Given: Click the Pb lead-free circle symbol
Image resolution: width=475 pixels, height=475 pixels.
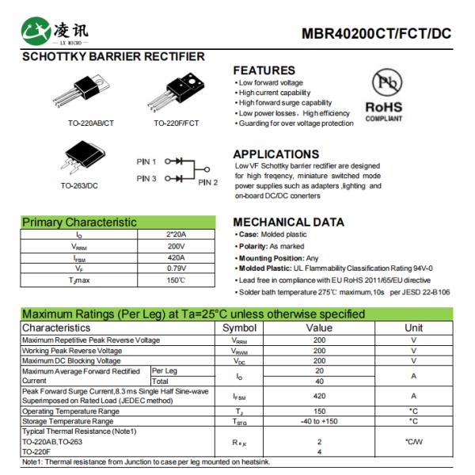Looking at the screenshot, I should pos(384,82).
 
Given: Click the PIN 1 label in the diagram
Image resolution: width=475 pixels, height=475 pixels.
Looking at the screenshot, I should pos(146,161).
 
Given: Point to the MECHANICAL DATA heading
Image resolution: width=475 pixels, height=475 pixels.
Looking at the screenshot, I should pos(289,222).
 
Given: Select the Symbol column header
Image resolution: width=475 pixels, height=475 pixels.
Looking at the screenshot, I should pos(239,328).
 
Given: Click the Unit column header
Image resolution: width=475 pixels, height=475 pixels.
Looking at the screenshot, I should pos(413,328).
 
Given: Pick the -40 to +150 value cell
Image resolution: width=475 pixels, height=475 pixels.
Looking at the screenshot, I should pos(320,421).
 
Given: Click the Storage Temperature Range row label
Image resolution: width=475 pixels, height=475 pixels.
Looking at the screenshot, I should pos(71,421).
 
